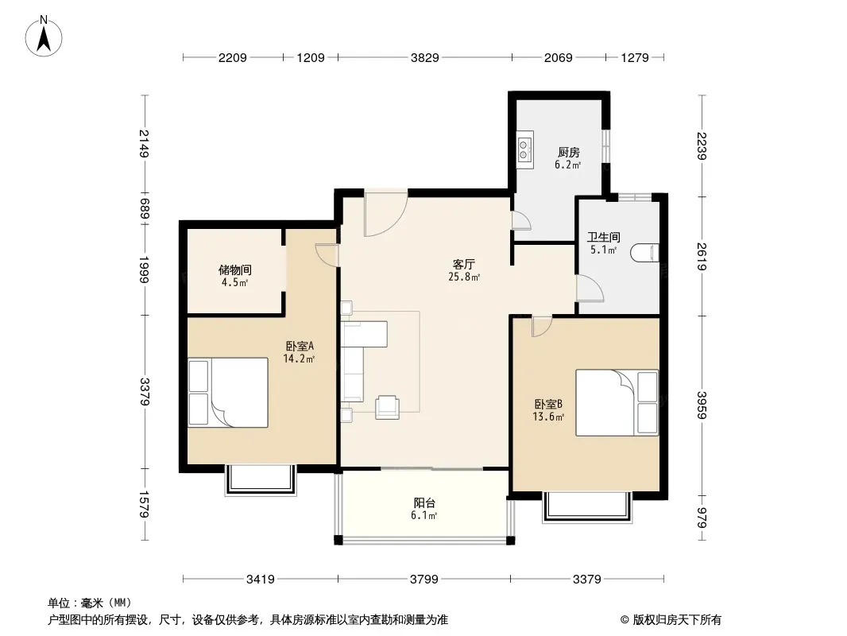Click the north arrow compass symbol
coord(44,37)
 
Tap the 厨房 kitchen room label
coord(568,153)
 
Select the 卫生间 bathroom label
coord(603,237)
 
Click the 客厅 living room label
coord(463,264)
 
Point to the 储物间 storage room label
coord(235,270)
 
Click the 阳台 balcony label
coord(424,503)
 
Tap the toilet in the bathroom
coord(645,253)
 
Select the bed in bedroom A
coord(228,392)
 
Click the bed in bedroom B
coord(617,402)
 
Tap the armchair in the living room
coord(387,407)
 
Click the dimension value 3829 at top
coord(424,57)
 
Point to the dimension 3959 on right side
coord(702,405)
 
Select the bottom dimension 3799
coord(424,580)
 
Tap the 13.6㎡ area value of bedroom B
coord(548,417)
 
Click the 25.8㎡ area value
coord(464,277)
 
